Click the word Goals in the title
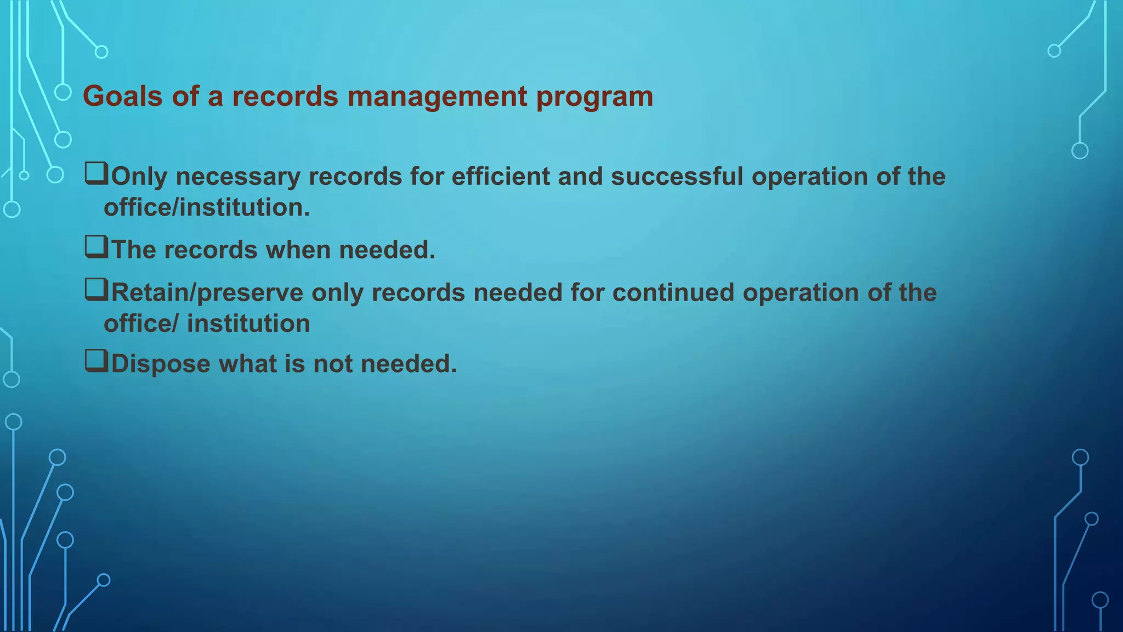(x=123, y=97)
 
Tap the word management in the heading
(x=436, y=97)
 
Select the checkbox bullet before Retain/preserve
(x=96, y=290)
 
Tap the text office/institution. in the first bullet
(x=207, y=207)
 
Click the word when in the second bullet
(x=298, y=250)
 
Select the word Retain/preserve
(x=207, y=293)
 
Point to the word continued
(x=673, y=293)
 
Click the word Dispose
(x=161, y=364)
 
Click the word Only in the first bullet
(x=139, y=177)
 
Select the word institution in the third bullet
(x=248, y=324)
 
